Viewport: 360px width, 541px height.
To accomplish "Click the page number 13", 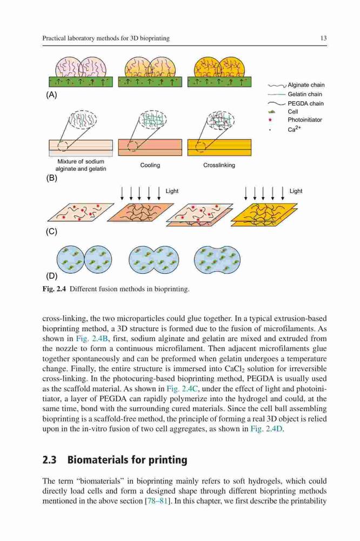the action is click(x=323, y=38).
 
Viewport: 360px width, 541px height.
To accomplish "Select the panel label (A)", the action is click(x=51, y=95).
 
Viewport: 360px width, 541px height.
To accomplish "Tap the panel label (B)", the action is click(x=51, y=178).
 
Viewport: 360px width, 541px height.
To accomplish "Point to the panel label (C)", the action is click(x=51, y=231).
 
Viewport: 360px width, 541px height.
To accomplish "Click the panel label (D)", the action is click(x=51, y=276).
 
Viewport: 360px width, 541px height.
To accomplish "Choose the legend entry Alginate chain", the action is click(x=306, y=85).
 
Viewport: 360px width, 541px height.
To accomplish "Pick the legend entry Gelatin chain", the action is click(x=305, y=94).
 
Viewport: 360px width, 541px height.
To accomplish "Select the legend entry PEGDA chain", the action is click(x=305, y=103).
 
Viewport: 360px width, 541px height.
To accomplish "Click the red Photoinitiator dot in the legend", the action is click(x=271, y=120).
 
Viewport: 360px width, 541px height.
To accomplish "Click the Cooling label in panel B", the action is click(x=150, y=165).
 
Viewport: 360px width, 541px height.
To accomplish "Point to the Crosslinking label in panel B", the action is click(x=219, y=165).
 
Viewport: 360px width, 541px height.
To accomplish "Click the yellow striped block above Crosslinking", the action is click(x=219, y=147).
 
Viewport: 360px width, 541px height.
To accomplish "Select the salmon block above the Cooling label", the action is click(x=150, y=147).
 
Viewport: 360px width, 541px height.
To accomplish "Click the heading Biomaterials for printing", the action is click(x=127, y=460).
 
